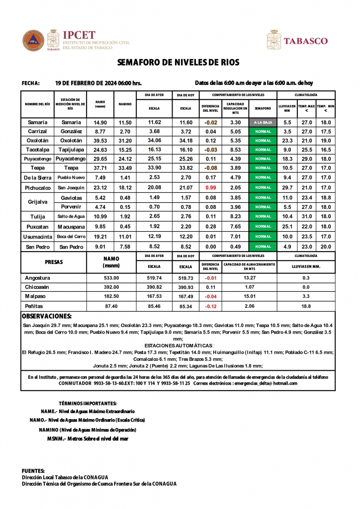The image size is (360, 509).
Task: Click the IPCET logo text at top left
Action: tap(79, 35)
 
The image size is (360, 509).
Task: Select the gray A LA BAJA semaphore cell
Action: tap(263, 122)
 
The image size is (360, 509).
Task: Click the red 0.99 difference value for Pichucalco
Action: tap(211, 187)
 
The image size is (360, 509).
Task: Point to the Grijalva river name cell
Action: tap(37, 202)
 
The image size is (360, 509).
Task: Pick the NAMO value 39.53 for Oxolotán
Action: tap(100, 141)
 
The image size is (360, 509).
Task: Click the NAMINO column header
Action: tap(125, 104)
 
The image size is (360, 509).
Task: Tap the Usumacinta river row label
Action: tap(37, 237)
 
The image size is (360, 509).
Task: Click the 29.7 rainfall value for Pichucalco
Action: tap(287, 187)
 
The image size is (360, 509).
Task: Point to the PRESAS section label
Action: tap(54, 261)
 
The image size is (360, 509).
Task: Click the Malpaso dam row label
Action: tap(35, 296)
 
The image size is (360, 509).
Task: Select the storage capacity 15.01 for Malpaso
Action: tap(250, 296)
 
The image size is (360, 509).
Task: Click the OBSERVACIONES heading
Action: tap(47, 316)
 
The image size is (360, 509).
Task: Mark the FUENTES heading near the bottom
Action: tap(33, 470)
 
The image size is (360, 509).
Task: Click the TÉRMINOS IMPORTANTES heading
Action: tap(88, 403)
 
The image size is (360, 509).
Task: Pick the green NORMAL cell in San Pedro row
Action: tap(263, 246)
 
